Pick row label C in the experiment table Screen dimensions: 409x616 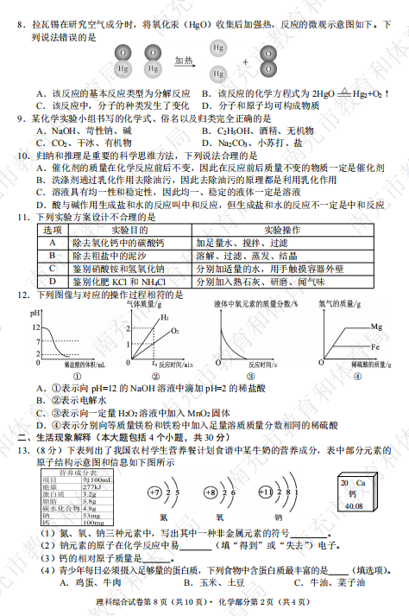pos(52,269)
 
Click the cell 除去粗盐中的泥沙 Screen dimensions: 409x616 pos(104,256)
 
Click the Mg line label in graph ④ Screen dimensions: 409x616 pos(376,327)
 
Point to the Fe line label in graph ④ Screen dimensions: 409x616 pos(376,346)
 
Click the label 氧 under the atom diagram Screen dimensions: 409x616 pos(219,517)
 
